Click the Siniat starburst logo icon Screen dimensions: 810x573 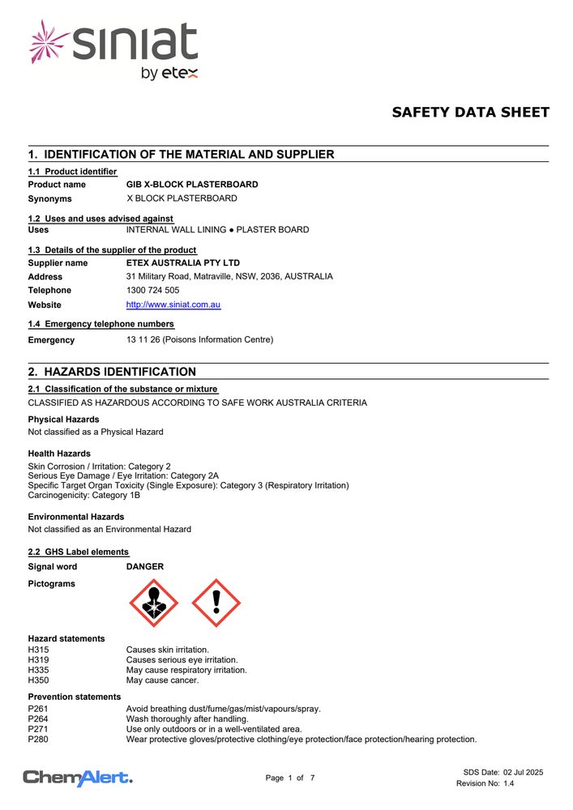click(49, 42)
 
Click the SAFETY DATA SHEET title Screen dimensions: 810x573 click(470, 113)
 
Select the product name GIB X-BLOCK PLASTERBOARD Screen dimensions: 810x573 click(192, 185)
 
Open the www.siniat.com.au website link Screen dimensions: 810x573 click(173, 305)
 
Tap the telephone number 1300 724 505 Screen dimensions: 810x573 click(153, 290)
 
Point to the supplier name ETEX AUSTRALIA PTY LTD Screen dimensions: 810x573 click(183, 263)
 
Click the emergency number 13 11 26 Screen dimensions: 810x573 click(143, 340)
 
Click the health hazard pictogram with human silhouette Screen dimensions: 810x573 click(154, 603)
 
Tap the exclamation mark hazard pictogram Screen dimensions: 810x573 click(216, 603)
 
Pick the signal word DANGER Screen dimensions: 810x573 click(145, 567)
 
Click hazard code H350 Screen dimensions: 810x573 click(39, 680)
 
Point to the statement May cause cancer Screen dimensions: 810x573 click(162, 680)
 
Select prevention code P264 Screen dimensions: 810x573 click(38, 719)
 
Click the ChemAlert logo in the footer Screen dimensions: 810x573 click(78, 778)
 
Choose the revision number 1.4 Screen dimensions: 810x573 click(508, 783)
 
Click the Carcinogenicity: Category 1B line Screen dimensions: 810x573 click(83, 496)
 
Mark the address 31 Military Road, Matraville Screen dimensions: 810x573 click(229, 276)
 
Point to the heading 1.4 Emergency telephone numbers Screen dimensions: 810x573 click(100, 324)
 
